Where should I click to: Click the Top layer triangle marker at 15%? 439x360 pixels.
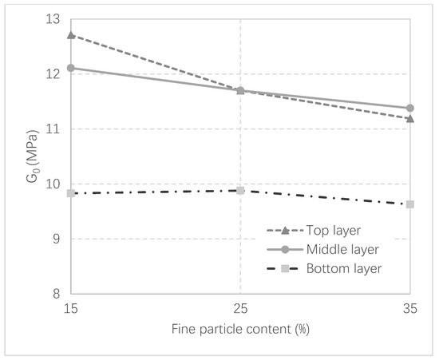(x=71, y=35)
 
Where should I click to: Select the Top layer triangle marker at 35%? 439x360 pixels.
(x=410, y=118)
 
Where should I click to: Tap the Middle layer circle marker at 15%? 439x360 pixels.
(x=71, y=68)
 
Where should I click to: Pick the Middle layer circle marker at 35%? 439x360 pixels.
(x=410, y=108)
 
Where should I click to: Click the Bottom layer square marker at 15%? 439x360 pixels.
(x=71, y=193)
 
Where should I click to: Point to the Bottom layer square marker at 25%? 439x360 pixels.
(x=240, y=191)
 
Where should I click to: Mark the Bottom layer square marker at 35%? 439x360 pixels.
(x=410, y=204)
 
